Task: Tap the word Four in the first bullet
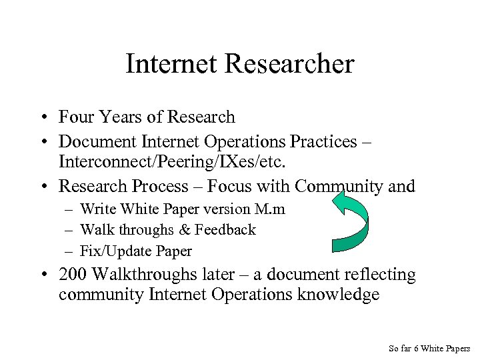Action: tap(76, 117)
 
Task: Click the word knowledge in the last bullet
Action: tap(335, 294)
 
